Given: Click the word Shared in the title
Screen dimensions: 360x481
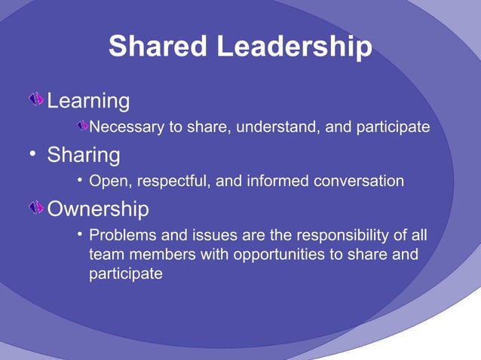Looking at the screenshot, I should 158,47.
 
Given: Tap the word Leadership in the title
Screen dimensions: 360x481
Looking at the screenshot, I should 295,47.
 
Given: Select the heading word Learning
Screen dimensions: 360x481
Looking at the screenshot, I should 88,101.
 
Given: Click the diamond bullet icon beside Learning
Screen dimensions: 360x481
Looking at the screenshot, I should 36,99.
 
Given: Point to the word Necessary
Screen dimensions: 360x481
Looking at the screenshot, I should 126,127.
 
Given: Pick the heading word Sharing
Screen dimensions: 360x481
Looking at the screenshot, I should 84,155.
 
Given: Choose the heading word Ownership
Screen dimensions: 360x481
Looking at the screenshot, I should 98,208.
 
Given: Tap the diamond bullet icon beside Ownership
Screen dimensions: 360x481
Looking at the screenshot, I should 36,207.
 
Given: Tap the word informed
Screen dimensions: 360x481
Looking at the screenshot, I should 259,181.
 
